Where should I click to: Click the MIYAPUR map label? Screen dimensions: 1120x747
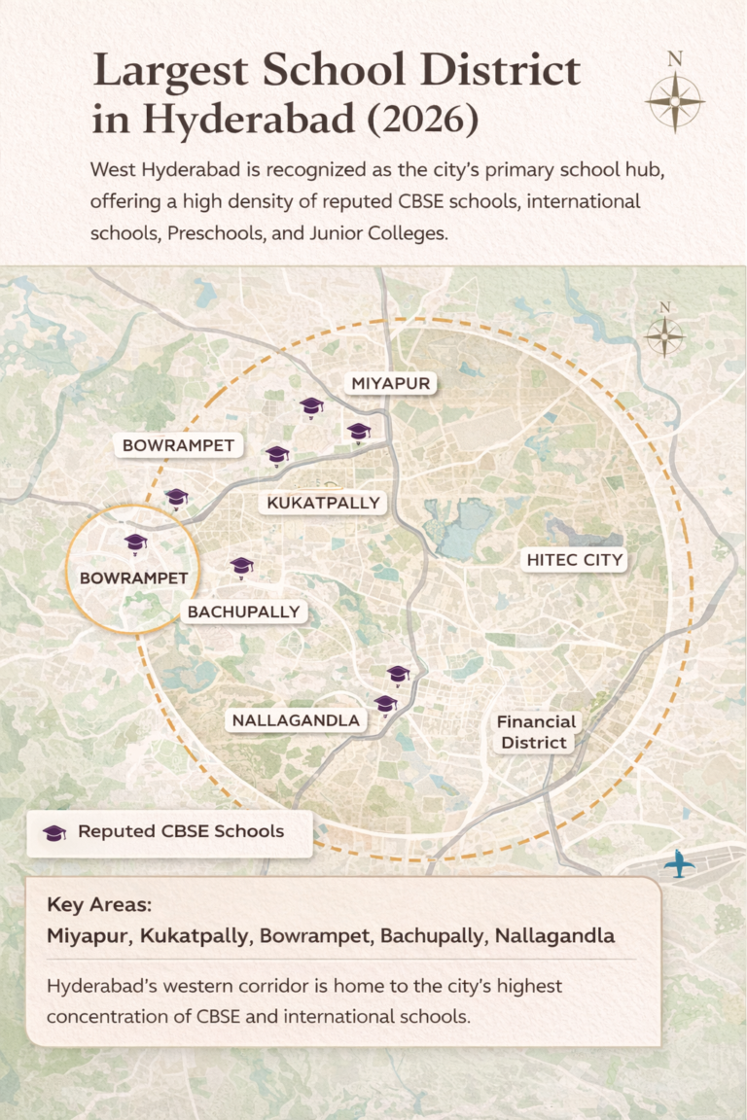coord(390,384)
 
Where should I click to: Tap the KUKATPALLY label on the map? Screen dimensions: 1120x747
coord(323,503)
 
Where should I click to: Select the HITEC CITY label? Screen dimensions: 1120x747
coord(574,560)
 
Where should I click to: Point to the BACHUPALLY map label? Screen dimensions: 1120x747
coord(244,612)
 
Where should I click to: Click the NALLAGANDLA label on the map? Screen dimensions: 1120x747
coord(295,720)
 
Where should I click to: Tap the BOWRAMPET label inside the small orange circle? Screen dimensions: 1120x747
coord(133,577)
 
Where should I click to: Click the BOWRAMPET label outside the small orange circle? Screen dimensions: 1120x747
coord(178,445)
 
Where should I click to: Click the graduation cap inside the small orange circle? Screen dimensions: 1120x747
coord(135,542)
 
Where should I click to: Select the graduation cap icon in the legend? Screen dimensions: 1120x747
coord(55,833)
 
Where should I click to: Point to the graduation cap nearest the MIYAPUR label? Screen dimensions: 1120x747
coord(359,431)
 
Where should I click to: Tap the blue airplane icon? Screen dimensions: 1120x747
coord(679,862)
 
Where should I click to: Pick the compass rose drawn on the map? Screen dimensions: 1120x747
coord(664,336)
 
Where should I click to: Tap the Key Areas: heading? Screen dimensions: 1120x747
coord(99,905)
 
